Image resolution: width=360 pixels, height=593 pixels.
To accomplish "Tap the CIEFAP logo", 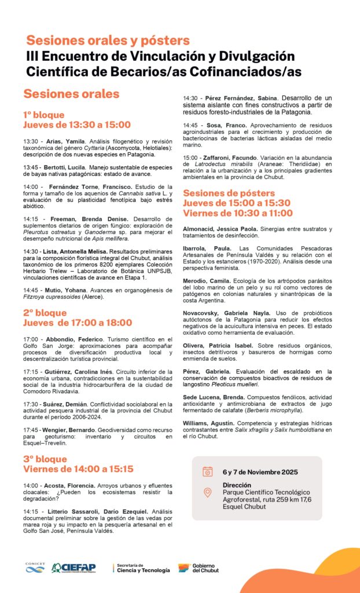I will (x=74, y=568).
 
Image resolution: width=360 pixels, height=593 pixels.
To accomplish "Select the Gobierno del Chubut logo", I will (x=199, y=568).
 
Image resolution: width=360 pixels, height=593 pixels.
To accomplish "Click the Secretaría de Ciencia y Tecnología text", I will (x=143, y=568).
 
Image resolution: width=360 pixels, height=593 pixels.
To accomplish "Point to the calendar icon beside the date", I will (x=207, y=471).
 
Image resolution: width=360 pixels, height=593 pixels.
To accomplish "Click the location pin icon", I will (x=207, y=493).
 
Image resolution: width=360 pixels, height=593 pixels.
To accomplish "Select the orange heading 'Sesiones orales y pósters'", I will (x=108, y=41).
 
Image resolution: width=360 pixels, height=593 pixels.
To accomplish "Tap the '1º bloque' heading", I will (x=44, y=115).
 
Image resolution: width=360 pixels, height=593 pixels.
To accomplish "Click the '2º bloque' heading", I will (x=45, y=313).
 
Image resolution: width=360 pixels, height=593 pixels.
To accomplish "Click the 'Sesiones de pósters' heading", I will (x=229, y=193).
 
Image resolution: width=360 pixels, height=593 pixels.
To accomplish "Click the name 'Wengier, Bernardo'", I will (x=66, y=430).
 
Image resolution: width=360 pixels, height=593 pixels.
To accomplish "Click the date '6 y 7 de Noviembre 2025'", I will (x=260, y=472).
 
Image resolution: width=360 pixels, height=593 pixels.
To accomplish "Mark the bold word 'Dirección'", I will (x=237, y=485).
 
